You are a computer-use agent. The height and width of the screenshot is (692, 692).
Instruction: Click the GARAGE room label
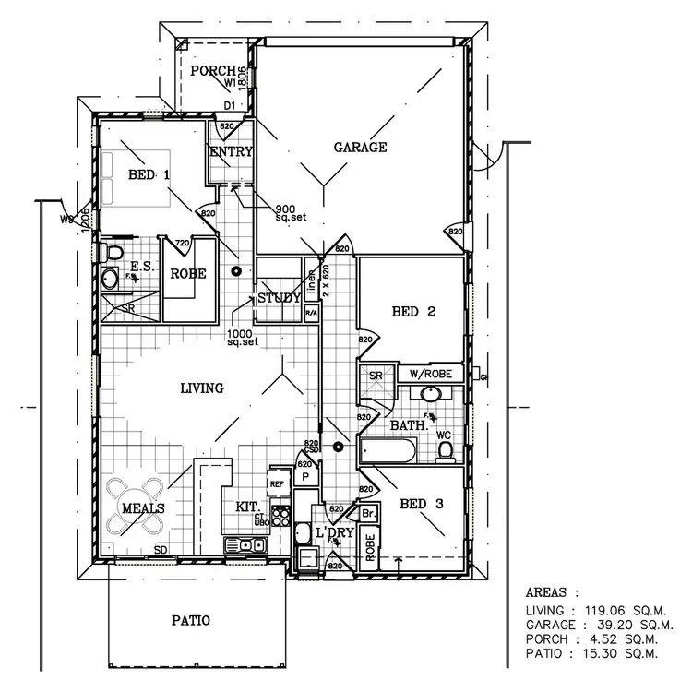[360, 148]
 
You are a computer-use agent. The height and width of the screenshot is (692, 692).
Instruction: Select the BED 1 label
[148, 174]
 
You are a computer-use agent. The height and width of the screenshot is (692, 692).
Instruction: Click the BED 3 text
[420, 504]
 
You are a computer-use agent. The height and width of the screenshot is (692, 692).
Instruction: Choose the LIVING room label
[201, 388]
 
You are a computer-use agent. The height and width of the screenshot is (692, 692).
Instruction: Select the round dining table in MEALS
[134, 507]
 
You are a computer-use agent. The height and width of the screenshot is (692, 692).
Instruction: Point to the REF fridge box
[276, 483]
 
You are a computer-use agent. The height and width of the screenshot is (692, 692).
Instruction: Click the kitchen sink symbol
[249, 545]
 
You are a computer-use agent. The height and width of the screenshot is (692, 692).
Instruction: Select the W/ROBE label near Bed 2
[430, 375]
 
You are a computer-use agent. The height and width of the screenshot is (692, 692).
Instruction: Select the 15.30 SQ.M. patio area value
[626, 653]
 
